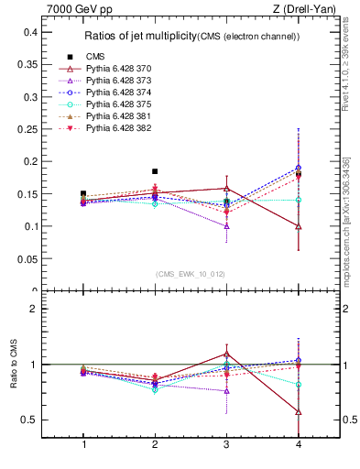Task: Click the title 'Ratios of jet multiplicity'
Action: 138,37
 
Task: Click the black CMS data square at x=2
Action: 155,171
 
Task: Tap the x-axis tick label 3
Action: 226,444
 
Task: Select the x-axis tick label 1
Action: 84,444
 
